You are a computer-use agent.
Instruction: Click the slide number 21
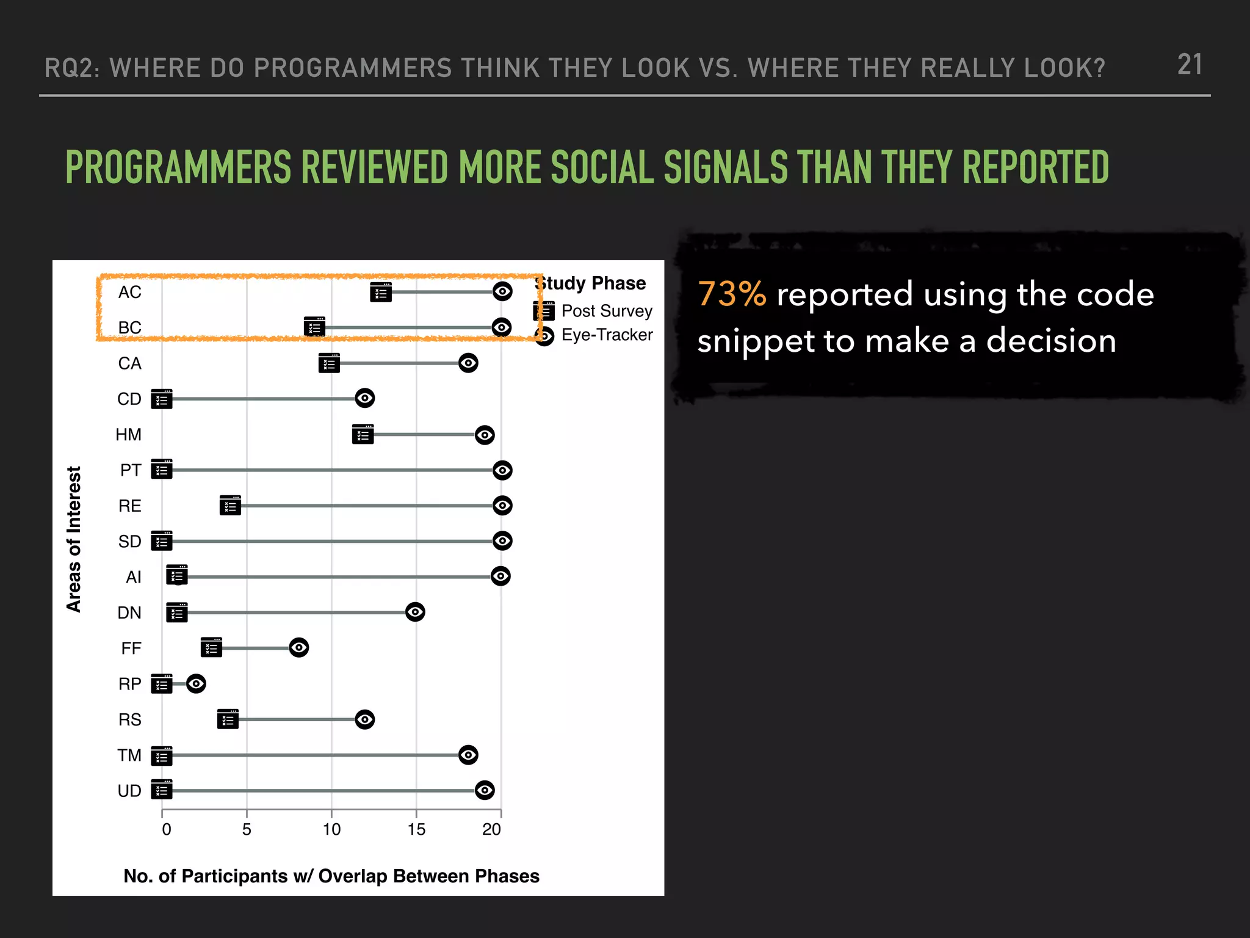point(1190,65)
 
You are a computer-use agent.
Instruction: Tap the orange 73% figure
point(732,294)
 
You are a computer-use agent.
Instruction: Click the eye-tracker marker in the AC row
point(502,292)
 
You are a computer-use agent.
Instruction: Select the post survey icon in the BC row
point(314,327)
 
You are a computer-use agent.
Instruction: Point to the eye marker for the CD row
point(365,399)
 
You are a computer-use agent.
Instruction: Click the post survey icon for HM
point(363,435)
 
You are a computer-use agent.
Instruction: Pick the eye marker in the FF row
point(299,647)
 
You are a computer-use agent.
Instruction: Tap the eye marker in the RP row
point(196,683)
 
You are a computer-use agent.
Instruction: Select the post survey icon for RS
point(228,719)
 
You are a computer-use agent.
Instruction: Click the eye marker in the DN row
point(415,612)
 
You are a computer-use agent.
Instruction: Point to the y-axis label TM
point(129,755)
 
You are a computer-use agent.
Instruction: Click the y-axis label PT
point(131,470)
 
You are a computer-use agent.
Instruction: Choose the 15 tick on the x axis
point(416,829)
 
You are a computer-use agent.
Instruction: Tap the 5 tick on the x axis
point(247,829)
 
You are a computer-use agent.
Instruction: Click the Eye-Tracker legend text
point(607,335)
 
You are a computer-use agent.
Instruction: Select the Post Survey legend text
point(607,311)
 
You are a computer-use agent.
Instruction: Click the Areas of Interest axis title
point(74,539)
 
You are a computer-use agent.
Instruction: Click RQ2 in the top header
point(71,68)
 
